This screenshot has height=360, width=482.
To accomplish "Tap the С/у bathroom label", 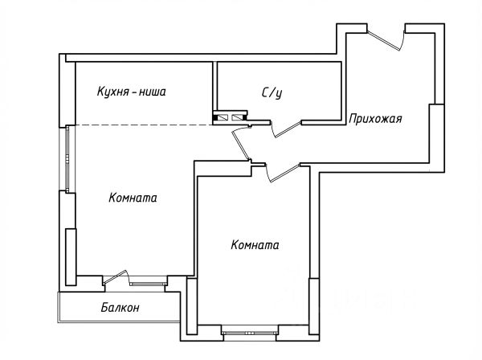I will click(272, 92).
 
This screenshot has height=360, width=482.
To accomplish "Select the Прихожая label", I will click(375, 119).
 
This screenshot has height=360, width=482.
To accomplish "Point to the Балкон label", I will click(121, 308).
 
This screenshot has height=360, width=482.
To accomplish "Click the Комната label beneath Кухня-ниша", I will click(133, 197).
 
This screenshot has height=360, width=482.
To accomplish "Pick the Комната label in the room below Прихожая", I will click(255, 245).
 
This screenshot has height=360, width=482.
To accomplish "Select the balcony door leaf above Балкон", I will click(113, 277).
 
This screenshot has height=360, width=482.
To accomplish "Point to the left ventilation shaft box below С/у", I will click(219, 117).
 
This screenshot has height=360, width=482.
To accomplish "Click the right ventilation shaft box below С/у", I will click(236, 117).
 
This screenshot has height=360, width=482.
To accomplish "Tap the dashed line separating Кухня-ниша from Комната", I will click(145, 125).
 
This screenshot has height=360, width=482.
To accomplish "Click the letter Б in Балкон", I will click(105, 308).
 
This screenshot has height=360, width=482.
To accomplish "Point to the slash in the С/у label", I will click(272, 92).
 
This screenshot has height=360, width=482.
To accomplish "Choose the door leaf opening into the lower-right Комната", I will click(281, 170).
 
